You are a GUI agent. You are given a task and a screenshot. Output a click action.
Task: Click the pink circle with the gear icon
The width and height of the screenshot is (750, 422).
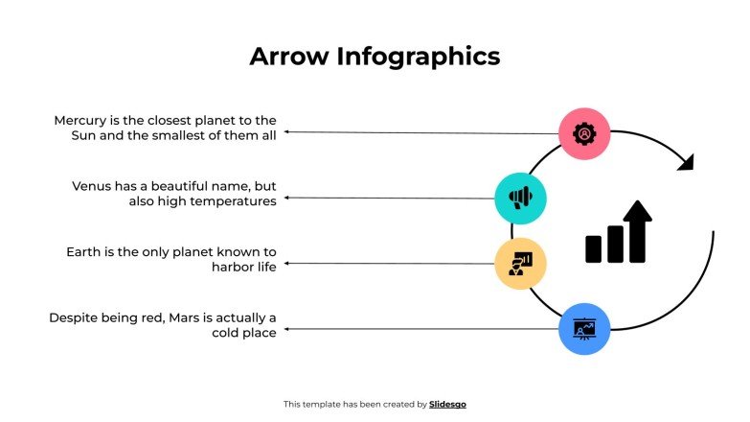click(x=584, y=133)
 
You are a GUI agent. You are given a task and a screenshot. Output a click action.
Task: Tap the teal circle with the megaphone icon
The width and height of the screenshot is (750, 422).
click(x=520, y=199)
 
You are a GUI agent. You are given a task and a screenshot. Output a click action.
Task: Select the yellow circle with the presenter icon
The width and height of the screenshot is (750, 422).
click(x=520, y=263)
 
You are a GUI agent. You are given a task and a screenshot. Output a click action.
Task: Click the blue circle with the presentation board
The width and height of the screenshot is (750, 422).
click(x=584, y=329)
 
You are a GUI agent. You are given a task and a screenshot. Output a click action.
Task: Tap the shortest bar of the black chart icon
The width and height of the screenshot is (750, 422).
click(x=594, y=249)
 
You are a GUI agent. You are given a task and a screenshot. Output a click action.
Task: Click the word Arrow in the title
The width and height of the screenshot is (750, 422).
click(x=288, y=57)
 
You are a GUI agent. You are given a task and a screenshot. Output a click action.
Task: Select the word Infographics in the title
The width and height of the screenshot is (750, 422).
click(x=418, y=57)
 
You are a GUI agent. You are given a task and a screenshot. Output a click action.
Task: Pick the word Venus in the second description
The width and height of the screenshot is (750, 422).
click(x=93, y=186)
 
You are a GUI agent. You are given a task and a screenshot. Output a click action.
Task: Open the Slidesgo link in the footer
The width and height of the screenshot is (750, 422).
click(x=447, y=405)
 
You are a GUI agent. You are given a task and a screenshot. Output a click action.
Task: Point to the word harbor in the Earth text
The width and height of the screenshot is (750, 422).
click(x=233, y=268)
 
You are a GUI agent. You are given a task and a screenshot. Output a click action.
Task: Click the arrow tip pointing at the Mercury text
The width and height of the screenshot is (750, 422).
click(x=285, y=132)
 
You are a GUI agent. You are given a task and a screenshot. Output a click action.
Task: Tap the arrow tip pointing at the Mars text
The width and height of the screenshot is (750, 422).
click(x=285, y=329)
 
